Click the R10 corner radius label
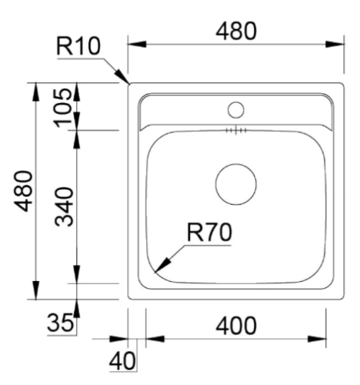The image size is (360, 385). pos(78,46)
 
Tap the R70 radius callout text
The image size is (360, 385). pos(209,233)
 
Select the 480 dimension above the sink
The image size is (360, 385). pos(236,31)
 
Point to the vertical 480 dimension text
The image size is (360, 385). pos(23,191)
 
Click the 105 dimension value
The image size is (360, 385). pos(63,108)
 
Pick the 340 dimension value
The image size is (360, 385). pos(64,207)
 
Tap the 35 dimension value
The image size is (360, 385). pos(60,323)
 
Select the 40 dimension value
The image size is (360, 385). pos(122,360)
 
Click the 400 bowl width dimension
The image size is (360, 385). pos(236,326)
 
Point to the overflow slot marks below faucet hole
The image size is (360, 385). pos(236,131)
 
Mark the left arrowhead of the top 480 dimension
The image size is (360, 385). pos(137,44)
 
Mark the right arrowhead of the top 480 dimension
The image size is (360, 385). pos(335,44)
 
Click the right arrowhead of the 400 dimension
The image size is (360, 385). pos(317,339)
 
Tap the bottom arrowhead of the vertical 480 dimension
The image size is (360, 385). pos(36,290)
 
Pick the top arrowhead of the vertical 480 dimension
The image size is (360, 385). pos(36,92)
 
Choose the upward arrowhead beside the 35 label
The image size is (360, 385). pos(77,309)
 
